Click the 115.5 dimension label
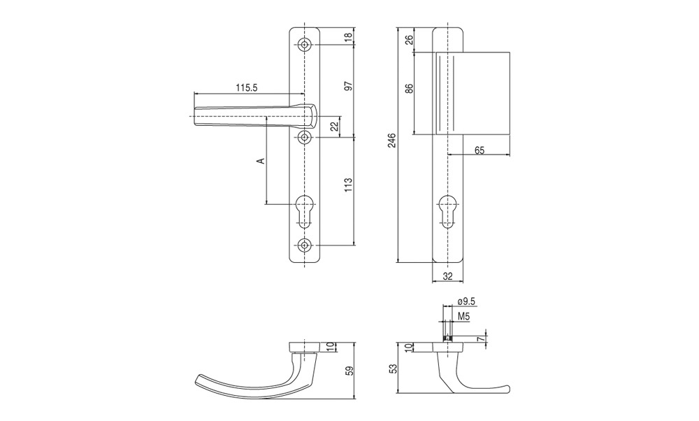click(x=247, y=88)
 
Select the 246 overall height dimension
click(x=392, y=142)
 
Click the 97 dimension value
click(x=349, y=86)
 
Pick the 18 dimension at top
click(x=349, y=36)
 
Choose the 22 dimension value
click(x=336, y=127)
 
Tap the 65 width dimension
click(x=480, y=150)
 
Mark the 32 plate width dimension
click(x=448, y=276)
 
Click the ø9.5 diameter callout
click(x=466, y=302)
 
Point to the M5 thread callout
click(x=465, y=317)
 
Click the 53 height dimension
click(x=393, y=369)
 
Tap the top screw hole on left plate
click(x=305, y=45)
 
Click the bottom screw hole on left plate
click(x=305, y=245)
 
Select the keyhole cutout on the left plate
click(x=305, y=211)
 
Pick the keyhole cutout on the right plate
click(x=447, y=211)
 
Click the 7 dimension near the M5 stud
click(x=480, y=339)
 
